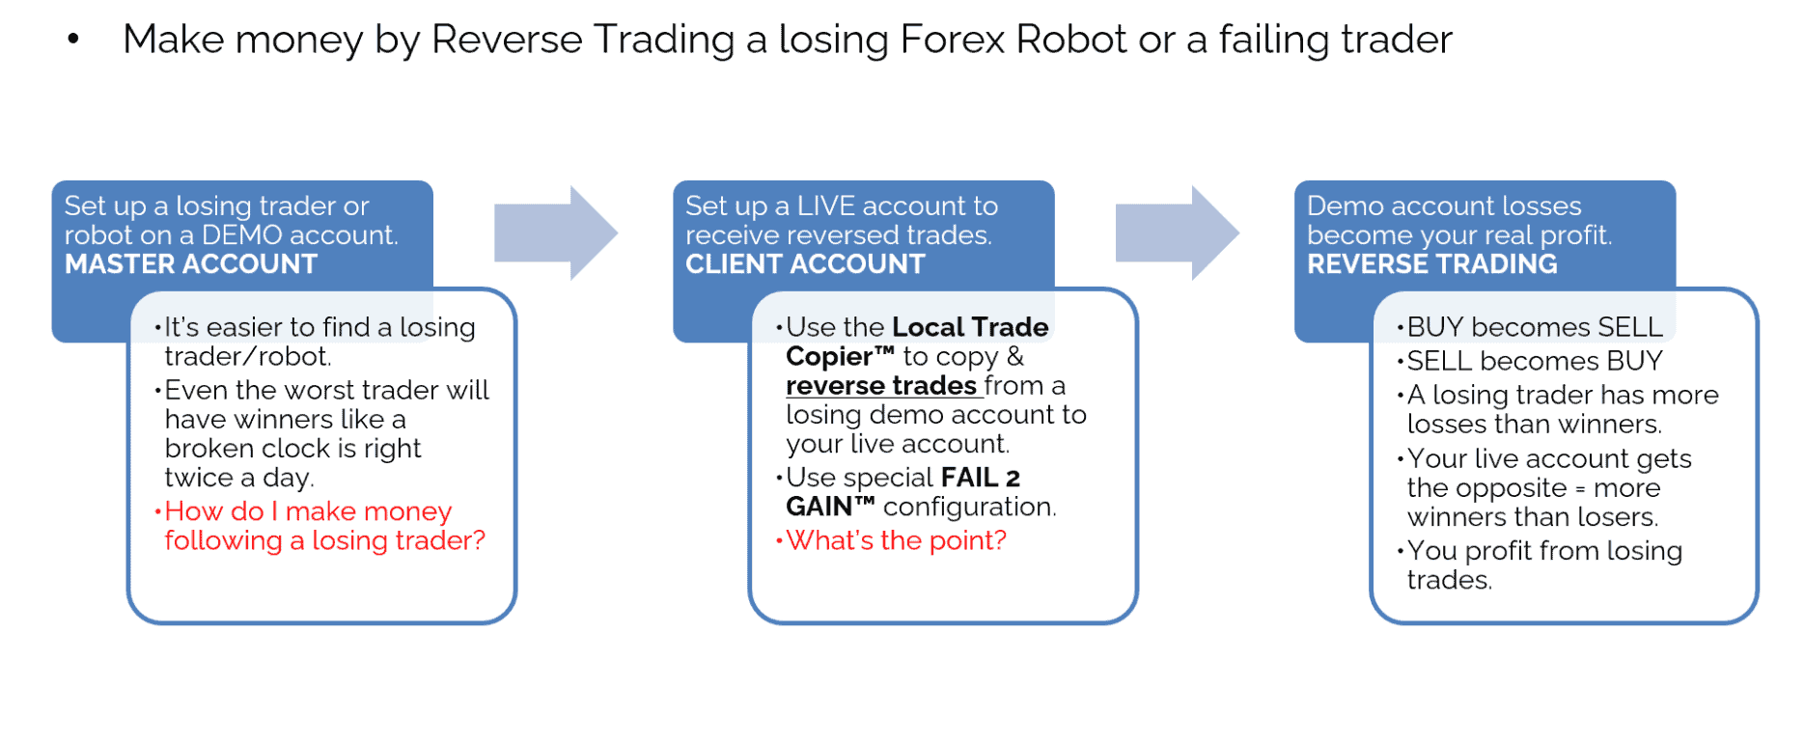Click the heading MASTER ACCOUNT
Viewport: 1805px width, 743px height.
click(191, 264)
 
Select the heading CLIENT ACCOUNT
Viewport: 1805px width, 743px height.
click(805, 264)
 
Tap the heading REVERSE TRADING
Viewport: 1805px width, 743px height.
click(1432, 264)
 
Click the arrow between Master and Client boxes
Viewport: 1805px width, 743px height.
click(556, 233)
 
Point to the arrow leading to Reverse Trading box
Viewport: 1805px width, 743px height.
click(1178, 233)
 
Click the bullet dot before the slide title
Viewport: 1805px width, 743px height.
click(73, 40)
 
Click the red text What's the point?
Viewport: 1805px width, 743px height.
click(896, 540)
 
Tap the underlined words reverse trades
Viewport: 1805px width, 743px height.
click(881, 386)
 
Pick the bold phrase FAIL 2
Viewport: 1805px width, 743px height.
click(981, 478)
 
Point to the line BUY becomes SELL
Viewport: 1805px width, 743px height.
click(1535, 327)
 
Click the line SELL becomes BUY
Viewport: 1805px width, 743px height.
click(1535, 361)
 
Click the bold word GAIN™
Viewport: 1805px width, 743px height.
click(830, 507)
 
